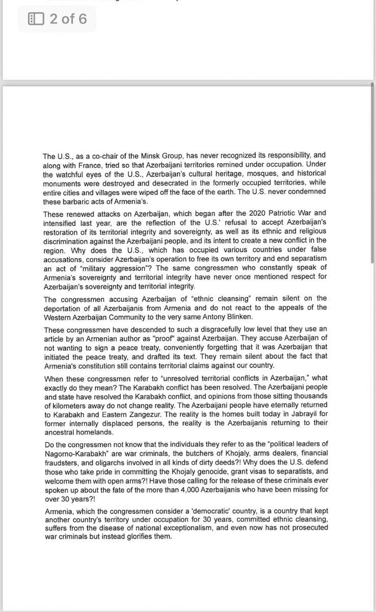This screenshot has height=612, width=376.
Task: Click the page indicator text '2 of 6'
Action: [x=68, y=19]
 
